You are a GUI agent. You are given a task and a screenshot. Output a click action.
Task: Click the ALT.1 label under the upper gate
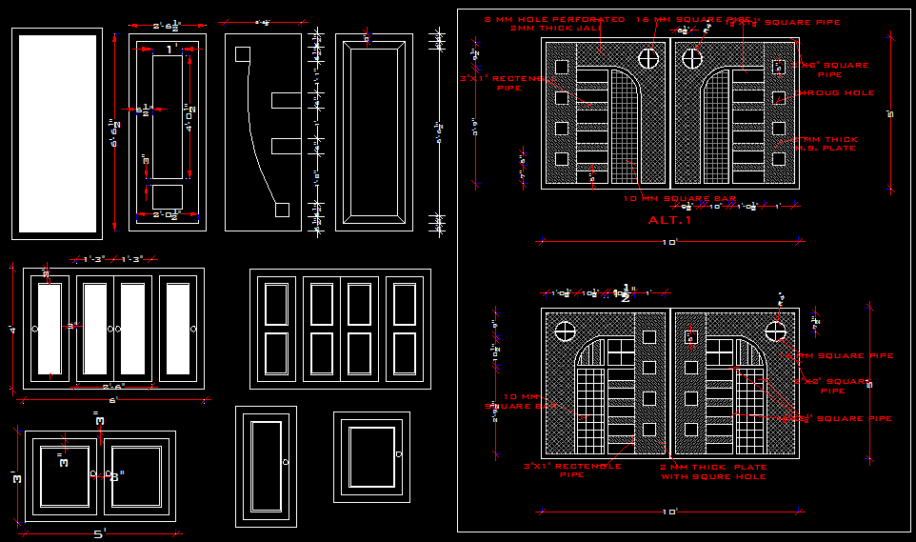click(669, 220)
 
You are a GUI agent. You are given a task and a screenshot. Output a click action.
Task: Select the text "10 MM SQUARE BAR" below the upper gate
click(667, 198)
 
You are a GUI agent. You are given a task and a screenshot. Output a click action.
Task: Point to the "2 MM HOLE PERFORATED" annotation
click(554, 19)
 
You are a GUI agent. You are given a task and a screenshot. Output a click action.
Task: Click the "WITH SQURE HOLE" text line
click(713, 476)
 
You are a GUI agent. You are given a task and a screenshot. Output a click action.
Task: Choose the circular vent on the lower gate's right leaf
click(776, 331)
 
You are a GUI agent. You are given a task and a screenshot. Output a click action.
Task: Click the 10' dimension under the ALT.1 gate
click(669, 242)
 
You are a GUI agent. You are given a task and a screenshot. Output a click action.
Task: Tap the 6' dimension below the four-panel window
click(112, 401)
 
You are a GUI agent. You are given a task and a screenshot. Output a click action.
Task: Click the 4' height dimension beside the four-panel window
click(12, 329)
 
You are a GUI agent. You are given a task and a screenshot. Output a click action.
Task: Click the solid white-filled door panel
click(58, 133)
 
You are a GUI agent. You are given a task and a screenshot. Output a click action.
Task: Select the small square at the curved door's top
click(242, 54)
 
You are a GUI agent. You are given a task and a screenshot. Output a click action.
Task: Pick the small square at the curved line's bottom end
click(283, 209)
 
